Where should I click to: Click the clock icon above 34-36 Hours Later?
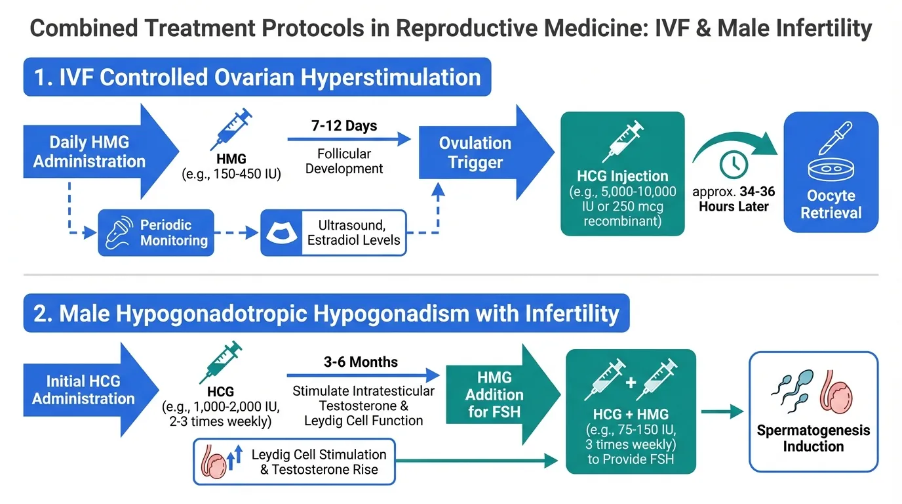coord(734,165)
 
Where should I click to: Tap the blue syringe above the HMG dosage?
coord(231,129)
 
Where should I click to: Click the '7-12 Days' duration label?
coord(344,126)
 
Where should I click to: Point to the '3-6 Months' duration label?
coord(361,362)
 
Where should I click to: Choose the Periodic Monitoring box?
coord(156,233)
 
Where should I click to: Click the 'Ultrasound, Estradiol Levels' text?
coord(353,232)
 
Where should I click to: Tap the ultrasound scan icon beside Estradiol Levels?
coord(281,233)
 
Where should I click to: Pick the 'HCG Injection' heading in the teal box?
coord(623,176)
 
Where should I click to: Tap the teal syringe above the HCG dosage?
coord(221,362)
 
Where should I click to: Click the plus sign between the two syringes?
coord(631,382)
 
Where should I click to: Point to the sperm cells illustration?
coord(793,391)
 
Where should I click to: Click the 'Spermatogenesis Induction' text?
coord(814,438)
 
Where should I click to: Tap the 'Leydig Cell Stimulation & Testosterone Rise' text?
coord(319,461)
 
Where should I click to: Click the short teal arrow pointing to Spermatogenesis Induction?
coord(722,411)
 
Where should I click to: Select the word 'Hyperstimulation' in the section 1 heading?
coord(391,77)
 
